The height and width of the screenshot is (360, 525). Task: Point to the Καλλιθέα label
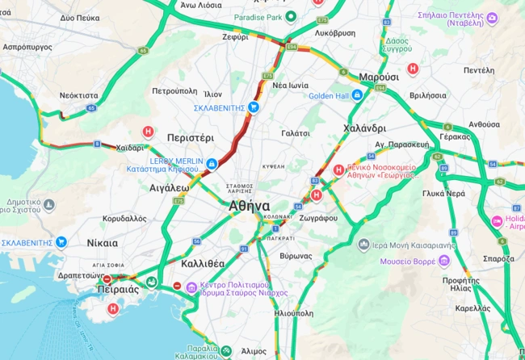203,264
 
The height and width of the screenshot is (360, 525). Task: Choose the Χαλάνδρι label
365,128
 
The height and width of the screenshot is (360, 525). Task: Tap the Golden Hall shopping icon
357,95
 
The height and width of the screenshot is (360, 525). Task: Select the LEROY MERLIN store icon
211,164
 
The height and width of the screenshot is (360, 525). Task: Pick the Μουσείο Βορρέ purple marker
443,260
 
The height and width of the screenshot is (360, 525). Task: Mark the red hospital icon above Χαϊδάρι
148,132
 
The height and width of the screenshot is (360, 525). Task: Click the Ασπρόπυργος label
27,47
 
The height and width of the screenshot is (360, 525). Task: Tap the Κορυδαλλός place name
124,218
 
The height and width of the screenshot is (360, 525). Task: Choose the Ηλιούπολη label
292,312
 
